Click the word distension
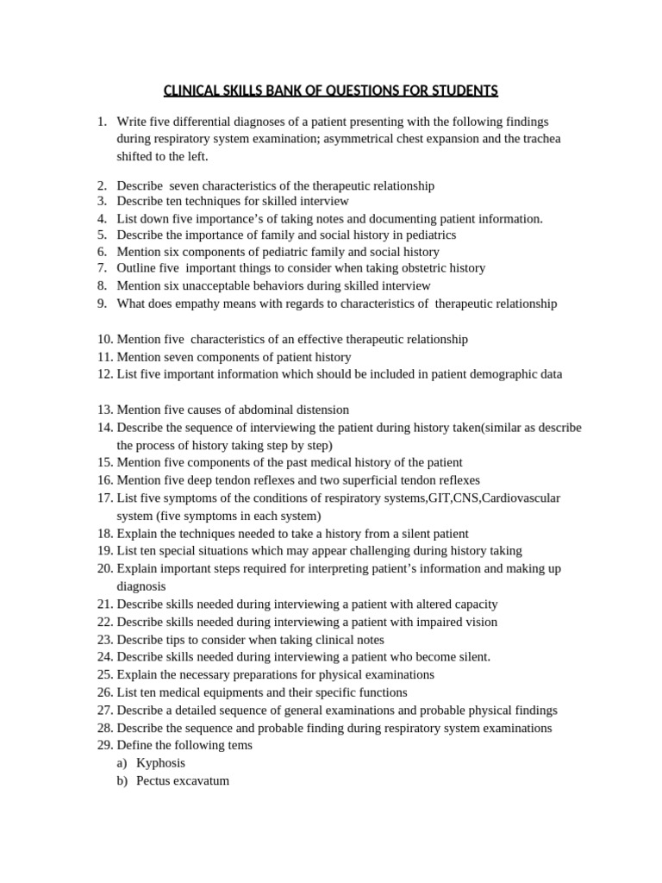322,410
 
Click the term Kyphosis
160,763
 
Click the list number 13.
104,410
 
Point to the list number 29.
104,745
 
